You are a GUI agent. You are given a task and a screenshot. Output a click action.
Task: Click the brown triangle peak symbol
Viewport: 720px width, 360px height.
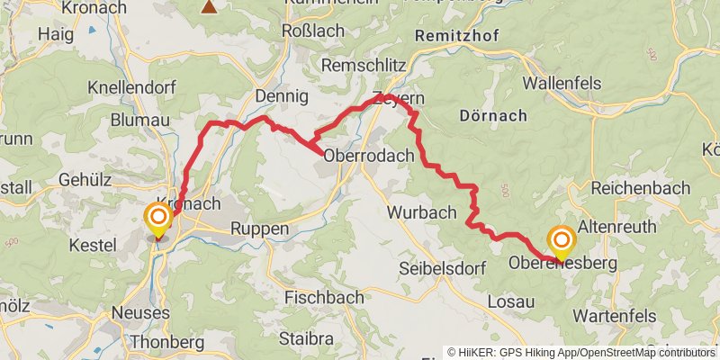point(210,7)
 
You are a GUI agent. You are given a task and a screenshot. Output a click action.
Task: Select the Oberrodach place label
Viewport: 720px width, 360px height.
point(368,155)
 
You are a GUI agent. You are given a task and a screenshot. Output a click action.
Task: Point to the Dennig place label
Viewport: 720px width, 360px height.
point(282,95)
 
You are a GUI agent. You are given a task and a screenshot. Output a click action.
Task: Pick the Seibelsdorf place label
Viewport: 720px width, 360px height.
point(442,269)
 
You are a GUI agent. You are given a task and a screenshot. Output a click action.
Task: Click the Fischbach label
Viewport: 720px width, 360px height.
point(324,297)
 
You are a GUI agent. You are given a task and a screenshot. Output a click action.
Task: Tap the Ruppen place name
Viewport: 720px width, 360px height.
point(260,229)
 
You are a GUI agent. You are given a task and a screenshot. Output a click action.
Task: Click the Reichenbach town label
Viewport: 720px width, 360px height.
point(640,188)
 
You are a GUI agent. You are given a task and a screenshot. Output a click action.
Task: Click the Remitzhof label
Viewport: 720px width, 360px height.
point(458,36)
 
